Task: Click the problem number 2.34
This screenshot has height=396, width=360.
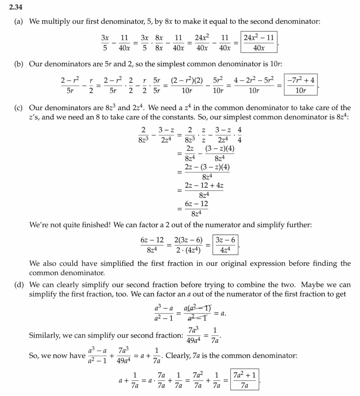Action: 16,6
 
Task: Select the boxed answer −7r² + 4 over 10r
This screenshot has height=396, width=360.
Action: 300,85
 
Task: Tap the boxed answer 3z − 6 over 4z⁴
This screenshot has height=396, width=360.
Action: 226,245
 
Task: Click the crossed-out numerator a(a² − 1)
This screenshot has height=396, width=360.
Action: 197,308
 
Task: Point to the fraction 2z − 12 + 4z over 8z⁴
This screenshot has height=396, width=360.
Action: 204,190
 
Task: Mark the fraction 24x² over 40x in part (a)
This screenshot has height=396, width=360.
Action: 202,43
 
